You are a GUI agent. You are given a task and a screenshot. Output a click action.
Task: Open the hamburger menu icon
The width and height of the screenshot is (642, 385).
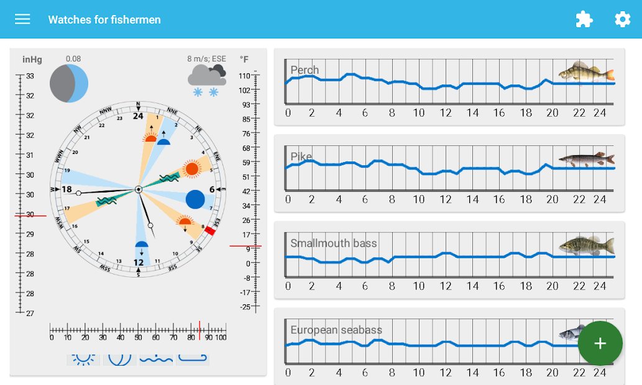pos(22,19)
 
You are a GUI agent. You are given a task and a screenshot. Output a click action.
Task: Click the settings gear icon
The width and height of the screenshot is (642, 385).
pos(622,19)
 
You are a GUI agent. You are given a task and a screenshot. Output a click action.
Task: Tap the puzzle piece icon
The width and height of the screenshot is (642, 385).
pos(584,19)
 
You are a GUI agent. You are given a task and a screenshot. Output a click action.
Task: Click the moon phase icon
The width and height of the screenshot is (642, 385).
pos(69,83)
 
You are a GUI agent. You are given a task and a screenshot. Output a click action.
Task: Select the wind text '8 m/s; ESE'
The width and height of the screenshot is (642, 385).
pos(207,59)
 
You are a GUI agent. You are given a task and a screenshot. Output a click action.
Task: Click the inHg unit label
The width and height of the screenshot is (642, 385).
pos(32,60)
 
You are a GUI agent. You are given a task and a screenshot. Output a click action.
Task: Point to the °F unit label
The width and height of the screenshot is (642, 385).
pos(244,60)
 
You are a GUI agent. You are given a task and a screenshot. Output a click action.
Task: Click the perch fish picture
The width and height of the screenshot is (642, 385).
pos(586,72)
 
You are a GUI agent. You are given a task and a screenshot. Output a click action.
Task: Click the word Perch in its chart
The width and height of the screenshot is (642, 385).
pos(305,70)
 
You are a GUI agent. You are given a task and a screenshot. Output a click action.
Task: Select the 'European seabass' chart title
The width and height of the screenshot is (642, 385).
pos(336,330)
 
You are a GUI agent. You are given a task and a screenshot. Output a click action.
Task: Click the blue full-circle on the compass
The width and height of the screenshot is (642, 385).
pos(195,199)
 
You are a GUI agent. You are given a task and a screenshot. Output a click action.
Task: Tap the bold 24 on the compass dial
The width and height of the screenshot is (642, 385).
pos(138,116)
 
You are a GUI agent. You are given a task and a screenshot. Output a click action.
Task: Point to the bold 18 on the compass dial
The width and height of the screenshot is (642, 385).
pos(66,189)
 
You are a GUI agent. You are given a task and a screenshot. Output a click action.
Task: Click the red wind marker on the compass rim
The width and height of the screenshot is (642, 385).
pos(210,231)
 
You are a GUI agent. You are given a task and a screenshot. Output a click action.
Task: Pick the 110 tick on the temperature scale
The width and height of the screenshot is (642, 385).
pos(244,76)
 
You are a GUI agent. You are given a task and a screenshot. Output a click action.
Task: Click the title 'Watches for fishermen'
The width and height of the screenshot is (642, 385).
pos(104,19)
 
